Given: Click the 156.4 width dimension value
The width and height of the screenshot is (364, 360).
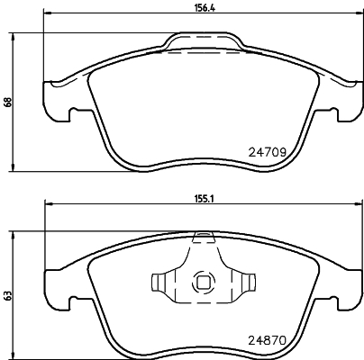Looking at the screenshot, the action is (x=204, y=7).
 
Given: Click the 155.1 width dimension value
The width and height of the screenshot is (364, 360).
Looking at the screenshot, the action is (x=204, y=199).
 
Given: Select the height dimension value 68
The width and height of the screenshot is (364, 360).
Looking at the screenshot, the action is (x=8, y=102).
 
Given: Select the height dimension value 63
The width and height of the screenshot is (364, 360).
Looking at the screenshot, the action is (x=8, y=295).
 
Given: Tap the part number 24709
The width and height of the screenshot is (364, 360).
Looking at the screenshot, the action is (x=267, y=153).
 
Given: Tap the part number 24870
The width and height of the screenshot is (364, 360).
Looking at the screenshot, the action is (x=267, y=340).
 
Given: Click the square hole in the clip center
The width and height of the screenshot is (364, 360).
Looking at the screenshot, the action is (x=203, y=283).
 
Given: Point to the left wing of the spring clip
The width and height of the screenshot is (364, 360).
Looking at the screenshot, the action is (x=163, y=282).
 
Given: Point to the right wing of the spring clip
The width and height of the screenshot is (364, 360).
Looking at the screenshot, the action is (x=243, y=282).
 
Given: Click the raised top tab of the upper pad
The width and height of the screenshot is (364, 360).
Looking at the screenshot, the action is (x=204, y=40).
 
